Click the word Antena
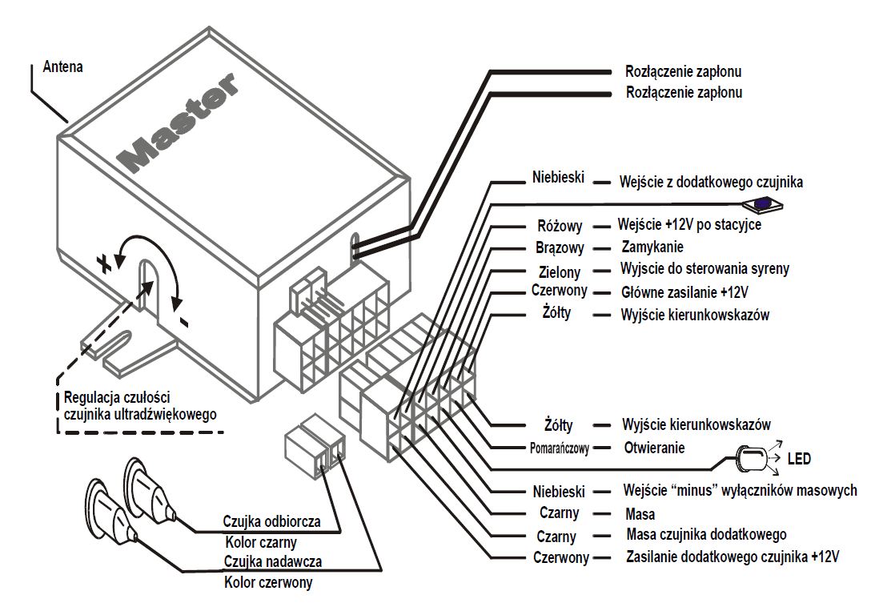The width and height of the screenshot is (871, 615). (x=62, y=67)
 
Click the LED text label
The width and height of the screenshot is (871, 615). (x=799, y=459)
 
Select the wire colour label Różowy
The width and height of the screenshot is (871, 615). (x=560, y=227)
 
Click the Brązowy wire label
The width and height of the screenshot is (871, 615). (x=560, y=248)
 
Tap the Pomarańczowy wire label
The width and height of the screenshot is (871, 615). (x=560, y=448)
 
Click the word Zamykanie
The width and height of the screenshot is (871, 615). (x=652, y=247)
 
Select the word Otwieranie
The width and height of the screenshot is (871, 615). (x=653, y=448)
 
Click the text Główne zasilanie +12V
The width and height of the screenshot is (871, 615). (x=689, y=291)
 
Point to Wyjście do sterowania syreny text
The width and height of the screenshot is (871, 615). (x=704, y=269)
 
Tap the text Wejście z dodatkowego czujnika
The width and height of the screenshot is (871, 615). (x=711, y=183)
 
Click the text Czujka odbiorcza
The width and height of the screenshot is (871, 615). (x=272, y=521)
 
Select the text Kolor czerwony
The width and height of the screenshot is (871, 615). (x=268, y=582)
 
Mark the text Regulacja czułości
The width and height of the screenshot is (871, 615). (x=117, y=398)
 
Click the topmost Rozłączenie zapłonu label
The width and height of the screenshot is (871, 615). (x=683, y=71)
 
